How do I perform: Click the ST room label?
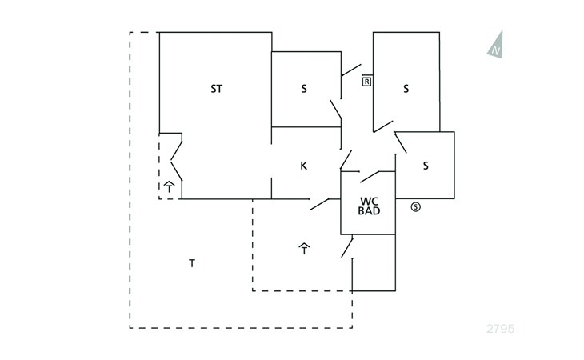(x=216, y=89)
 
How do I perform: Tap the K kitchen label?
(x=303, y=166)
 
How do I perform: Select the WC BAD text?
(x=369, y=206)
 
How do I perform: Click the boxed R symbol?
(x=367, y=81)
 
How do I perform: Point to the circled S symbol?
(x=416, y=206)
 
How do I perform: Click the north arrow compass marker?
(x=496, y=44)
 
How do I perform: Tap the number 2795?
(x=501, y=329)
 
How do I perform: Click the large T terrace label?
(x=192, y=263)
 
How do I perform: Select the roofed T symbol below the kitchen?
(x=304, y=249)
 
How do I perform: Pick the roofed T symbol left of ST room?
(x=169, y=186)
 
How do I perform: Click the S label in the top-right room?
(x=406, y=89)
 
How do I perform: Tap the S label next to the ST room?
(x=304, y=89)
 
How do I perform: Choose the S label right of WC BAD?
(x=426, y=166)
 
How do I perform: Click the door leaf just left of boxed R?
(x=351, y=70)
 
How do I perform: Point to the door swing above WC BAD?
(x=370, y=177)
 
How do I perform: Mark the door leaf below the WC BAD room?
(x=347, y=246)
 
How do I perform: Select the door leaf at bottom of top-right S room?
(x=383, y=126)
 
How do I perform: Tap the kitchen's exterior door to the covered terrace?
(x=319, y=204)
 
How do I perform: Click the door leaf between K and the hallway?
(x=346, y=160)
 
